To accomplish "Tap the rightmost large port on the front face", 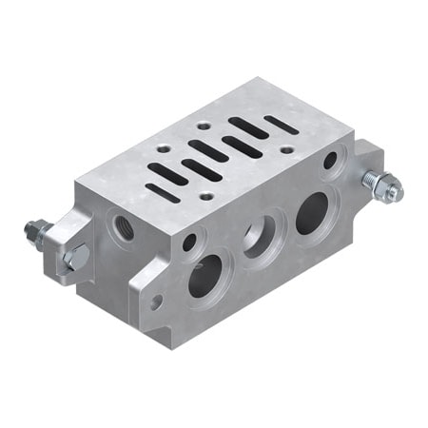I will (311, 214).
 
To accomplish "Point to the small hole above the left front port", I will (190, 243).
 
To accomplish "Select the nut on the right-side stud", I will (387, 190).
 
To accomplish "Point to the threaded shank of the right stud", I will (373, 183).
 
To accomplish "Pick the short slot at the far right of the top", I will (280, 124).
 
